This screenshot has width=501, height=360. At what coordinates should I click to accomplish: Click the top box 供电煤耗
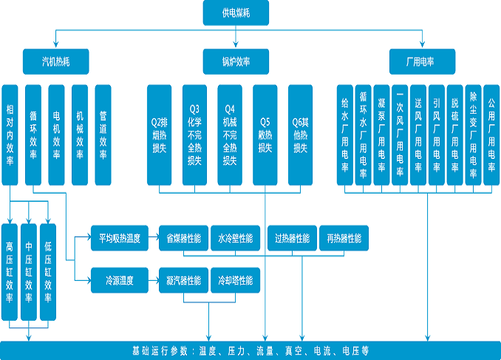[236, 13]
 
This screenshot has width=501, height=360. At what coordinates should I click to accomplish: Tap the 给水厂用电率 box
[345, 133]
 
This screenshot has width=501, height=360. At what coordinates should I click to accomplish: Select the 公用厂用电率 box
[491, 133]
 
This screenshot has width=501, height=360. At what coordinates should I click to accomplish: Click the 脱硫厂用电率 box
[454, 133]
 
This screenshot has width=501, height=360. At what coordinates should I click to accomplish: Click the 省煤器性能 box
[183, 239]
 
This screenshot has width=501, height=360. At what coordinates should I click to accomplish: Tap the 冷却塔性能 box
[236, 281]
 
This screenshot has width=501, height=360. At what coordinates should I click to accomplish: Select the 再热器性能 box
[344, 239]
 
